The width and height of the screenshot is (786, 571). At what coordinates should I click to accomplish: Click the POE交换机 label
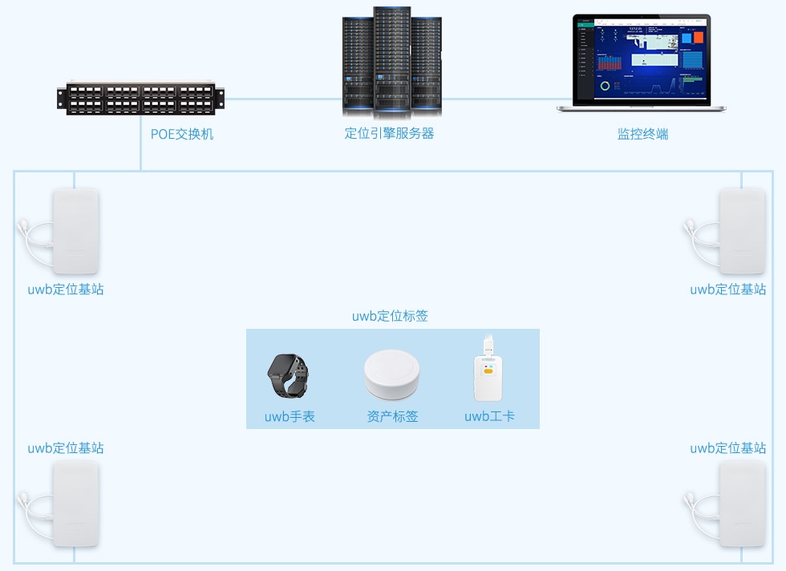pos(182,134)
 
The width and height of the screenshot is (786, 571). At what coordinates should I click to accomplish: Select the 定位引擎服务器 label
pos(389,134)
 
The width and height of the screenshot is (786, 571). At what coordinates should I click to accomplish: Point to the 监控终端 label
pos(642,134)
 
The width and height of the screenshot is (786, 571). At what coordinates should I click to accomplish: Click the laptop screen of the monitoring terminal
pos(642,60)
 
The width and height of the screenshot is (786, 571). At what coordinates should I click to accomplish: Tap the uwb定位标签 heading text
pos(390,316)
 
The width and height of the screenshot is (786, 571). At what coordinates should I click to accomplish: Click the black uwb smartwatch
pos(288,375)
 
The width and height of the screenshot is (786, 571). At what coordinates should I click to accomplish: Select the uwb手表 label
pos(290,416)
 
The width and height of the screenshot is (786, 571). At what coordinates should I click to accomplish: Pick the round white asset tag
pos(391,375)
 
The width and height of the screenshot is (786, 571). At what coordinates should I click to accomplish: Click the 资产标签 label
pos(392,416)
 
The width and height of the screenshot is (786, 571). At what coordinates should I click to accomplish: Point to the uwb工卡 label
pos(489,416)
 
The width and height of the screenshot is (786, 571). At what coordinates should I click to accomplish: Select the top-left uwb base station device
pos(75,232)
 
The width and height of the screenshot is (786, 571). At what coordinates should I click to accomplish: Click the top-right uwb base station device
pos(742,232)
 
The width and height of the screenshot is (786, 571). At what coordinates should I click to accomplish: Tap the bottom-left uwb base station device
pos(75,504)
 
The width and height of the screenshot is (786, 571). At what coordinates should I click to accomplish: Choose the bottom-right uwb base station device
pos(742,504)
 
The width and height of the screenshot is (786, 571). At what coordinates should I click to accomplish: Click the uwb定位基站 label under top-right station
pos(727,290)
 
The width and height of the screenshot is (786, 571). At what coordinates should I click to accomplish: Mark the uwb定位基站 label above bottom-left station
pos(65,448)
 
